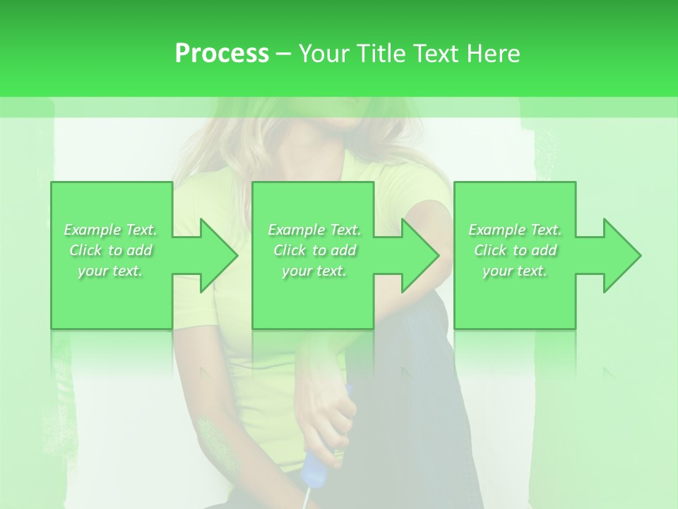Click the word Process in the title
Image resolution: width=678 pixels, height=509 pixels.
(x=222, y=54)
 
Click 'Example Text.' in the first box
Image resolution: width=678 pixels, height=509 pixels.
(x=111, y=230)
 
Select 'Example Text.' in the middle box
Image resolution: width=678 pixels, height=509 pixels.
(x=314, y=230)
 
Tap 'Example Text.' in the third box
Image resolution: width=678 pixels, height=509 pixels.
(x=515, y=230)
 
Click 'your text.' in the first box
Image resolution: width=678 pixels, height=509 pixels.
(x=111, y=271)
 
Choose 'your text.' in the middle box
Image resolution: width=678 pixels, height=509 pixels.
(x=314, y=271)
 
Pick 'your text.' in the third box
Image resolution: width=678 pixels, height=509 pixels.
(x=515, y=271)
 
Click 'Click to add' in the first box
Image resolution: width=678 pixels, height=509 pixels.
(x=111, y=250)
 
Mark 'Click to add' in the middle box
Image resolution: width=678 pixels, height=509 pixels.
(x=314, y=250)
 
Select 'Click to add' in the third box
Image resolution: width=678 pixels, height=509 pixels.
(x=515, y=250)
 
